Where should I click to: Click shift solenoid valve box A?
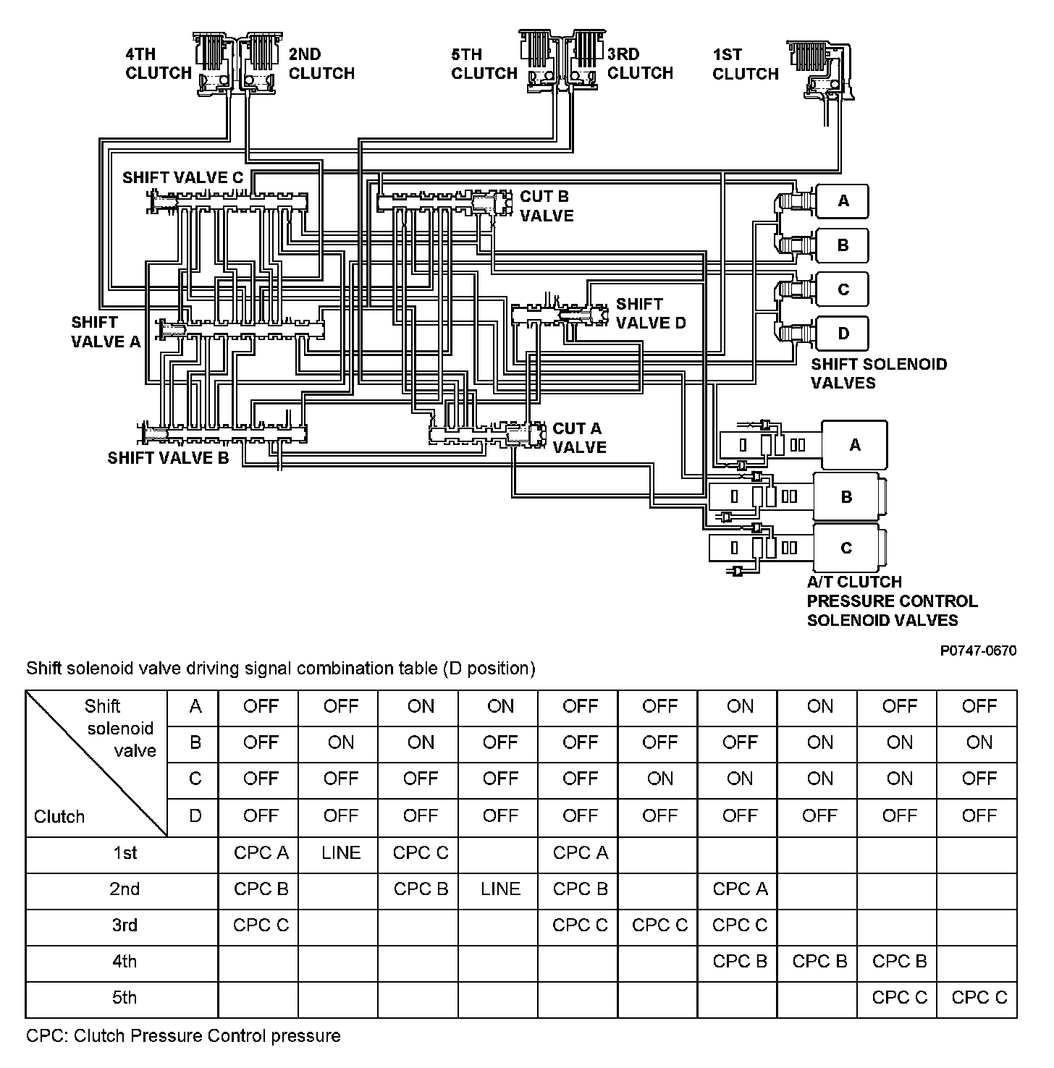point(842,201)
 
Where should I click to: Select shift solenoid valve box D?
point(842,334)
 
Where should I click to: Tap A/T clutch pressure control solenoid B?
point(846,497)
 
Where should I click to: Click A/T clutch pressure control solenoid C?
point(846,548)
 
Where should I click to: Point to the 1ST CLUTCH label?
point(745,64)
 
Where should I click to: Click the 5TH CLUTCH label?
point(484,64)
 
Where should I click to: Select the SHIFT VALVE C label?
point(182,178)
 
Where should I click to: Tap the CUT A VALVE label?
point(579,438)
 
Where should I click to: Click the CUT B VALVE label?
point(547,206)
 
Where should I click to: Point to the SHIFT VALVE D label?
point(650,313)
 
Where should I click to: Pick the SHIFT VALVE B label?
point(168,458)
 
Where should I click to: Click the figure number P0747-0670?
point(978,650)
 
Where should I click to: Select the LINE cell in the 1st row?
point(341,853)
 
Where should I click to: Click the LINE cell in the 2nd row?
point(500,889)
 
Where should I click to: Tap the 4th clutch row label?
point(124,962)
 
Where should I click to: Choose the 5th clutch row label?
point(124,998)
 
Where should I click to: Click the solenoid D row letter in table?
point(195,816)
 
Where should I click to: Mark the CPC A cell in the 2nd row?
point(740,889)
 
